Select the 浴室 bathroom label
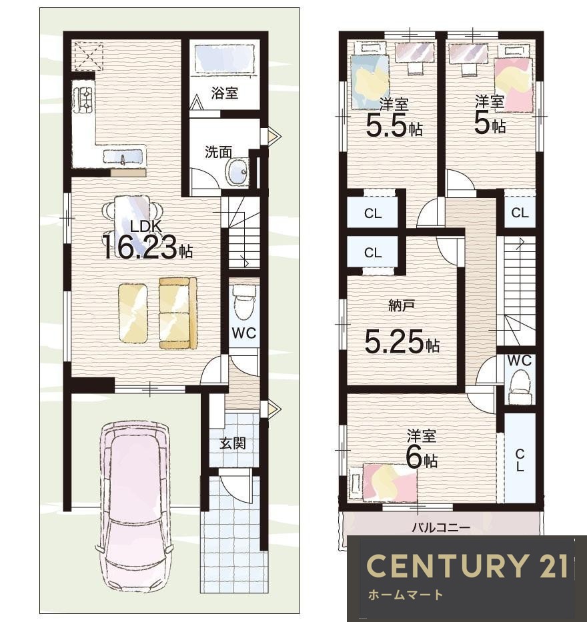pos(225,93)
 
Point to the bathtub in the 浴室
pos(224,58)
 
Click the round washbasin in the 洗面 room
pos(237,172)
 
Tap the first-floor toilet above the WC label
pos(243,301)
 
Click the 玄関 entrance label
pos(233,443)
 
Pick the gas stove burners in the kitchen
pos(84,97)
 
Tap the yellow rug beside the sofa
pos(133,312)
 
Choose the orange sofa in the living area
pos(178,313)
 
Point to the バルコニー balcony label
pos(441,527)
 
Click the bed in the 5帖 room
pos(513,79)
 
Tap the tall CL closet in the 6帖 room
pos(520,457)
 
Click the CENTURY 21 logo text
pos(467,565)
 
